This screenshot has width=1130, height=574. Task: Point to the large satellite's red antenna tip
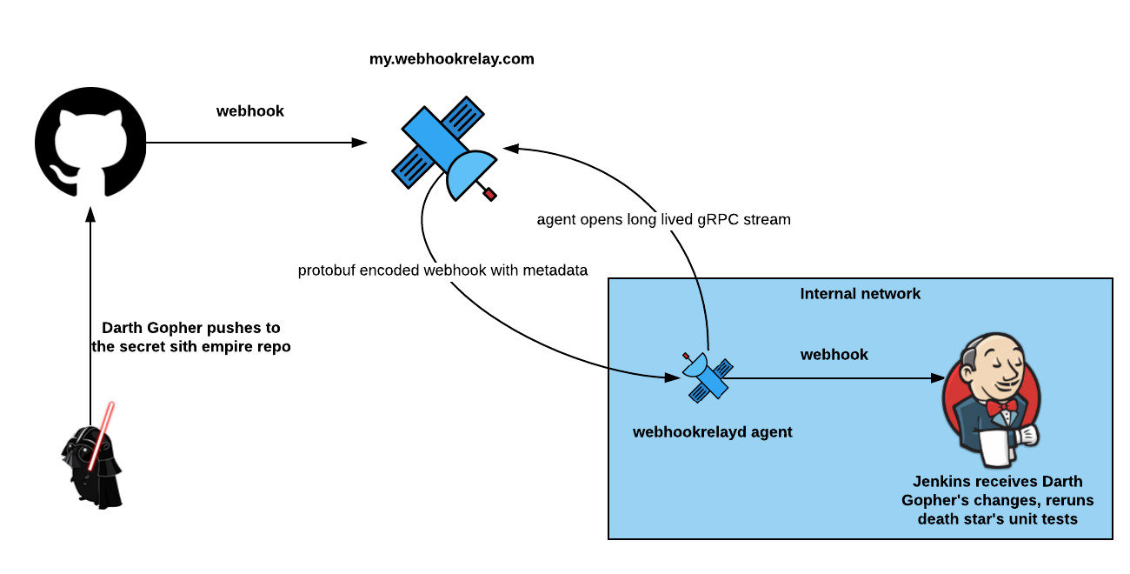point(490,194)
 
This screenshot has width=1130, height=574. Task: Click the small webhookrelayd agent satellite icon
point(707,377)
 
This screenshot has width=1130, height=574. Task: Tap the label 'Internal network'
point(860,294)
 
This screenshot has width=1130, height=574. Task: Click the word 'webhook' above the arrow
point(834,355)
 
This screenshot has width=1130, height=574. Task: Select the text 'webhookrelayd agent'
point(712,432)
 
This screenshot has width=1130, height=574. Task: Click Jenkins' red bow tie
point(1000,406)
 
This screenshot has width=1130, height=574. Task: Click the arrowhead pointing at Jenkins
point(938,378)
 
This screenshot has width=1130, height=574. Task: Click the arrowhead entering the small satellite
point(673,377)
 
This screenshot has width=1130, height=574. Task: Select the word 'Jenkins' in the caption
point(942,482)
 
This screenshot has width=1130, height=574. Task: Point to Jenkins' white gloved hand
point(1029,435)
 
